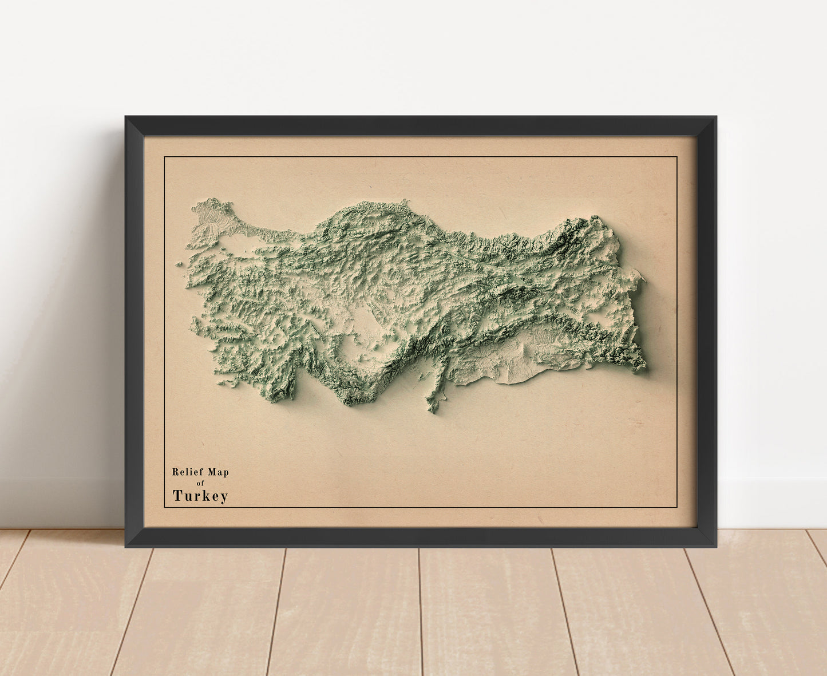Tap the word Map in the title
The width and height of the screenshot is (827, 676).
coord(218,472)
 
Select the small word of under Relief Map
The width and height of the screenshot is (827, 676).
coord(200,483)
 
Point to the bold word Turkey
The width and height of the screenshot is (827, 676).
coord(200,496)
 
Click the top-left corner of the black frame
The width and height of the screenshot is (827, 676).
coord(126,117)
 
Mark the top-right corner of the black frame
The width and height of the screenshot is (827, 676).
coord(715,117)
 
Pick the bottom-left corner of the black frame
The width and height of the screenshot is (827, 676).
coord(126,546)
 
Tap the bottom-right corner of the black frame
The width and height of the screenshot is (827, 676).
coord(715,546)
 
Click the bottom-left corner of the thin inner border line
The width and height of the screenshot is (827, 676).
coord(165,507)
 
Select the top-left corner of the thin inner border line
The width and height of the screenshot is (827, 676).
coord(165,157)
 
